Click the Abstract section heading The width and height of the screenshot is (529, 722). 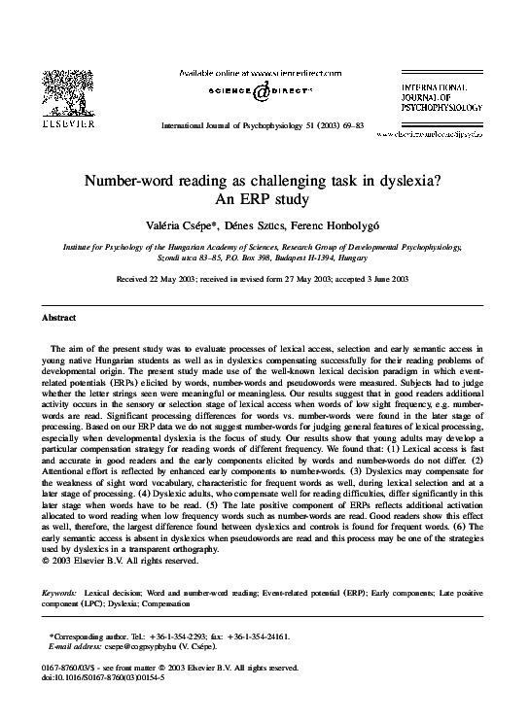click(x=59, y=318)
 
